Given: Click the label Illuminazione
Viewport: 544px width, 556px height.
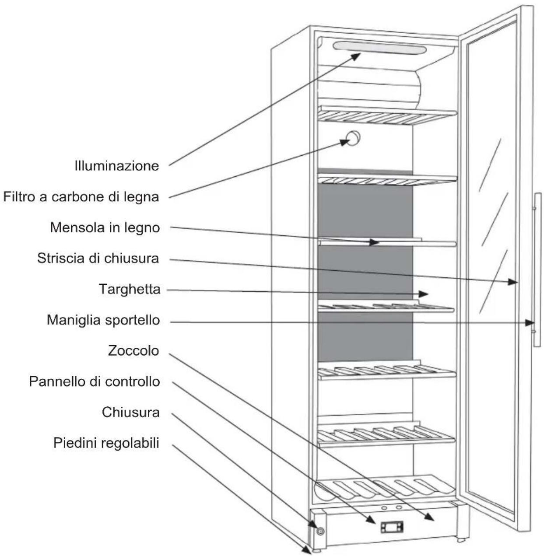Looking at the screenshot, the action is (x=116, y=166).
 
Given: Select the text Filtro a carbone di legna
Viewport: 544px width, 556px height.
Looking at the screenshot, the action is (x=81, y=197).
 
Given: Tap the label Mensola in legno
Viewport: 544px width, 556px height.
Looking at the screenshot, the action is (x=105, y=228).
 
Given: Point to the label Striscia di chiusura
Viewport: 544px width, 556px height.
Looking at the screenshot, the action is (x=98, y=258).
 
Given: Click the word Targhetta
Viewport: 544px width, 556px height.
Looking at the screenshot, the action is (x=130, y=289).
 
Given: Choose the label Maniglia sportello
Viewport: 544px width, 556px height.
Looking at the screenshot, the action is (x=103, y=320).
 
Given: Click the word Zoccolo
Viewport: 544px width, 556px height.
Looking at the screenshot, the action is (x=133, y=350).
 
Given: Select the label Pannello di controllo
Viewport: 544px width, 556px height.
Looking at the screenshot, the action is (x=95, y=381).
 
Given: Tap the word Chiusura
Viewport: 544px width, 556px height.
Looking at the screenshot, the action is (x=131, y=412).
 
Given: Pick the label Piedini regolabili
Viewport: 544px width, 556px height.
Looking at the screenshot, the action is (x=106, y=443).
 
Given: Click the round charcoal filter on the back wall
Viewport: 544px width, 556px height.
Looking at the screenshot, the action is (x=353, y=138).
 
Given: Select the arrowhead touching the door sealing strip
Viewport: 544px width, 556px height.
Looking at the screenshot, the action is (x=513, y=282).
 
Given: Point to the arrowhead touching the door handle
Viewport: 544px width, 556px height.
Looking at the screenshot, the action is (x=530, y=323).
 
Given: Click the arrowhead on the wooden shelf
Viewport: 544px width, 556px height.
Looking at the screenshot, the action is (x=374, y=243).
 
